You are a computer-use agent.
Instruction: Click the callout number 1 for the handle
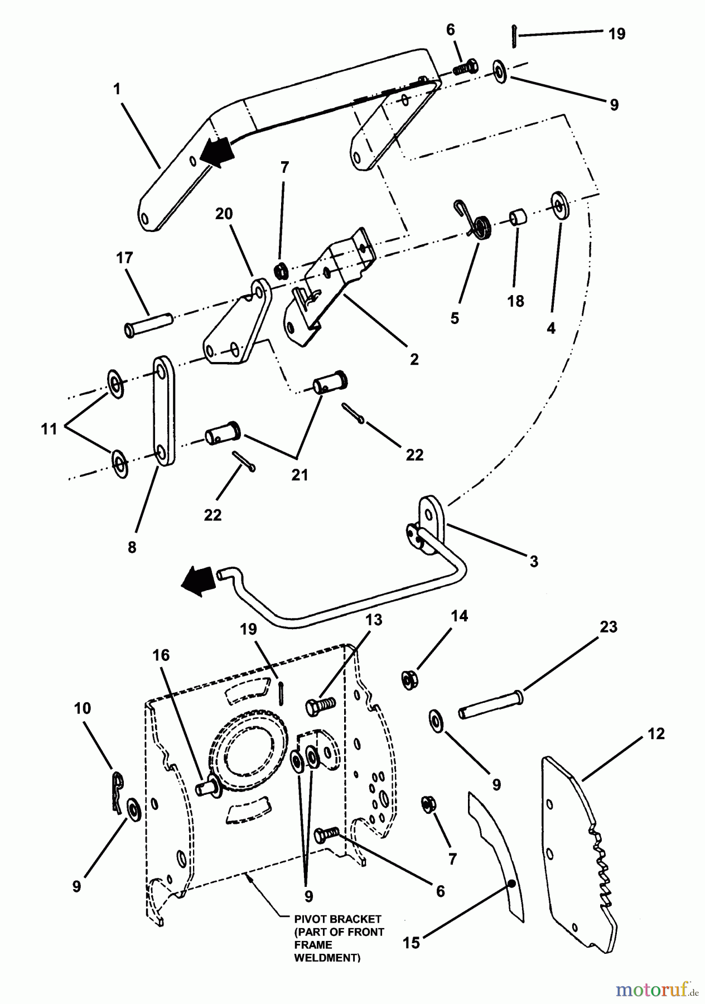coord(117,89)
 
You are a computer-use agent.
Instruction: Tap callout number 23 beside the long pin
coord(609,626)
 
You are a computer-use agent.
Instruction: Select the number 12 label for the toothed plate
coord(656,733)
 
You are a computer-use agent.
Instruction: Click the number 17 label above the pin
coord(124,258)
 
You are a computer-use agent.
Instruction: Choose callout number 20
coord(224,214)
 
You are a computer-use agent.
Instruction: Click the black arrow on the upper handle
coord(218,152)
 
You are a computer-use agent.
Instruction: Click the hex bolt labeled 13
coord(320,706)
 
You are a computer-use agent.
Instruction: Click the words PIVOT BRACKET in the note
coord(339,919)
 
